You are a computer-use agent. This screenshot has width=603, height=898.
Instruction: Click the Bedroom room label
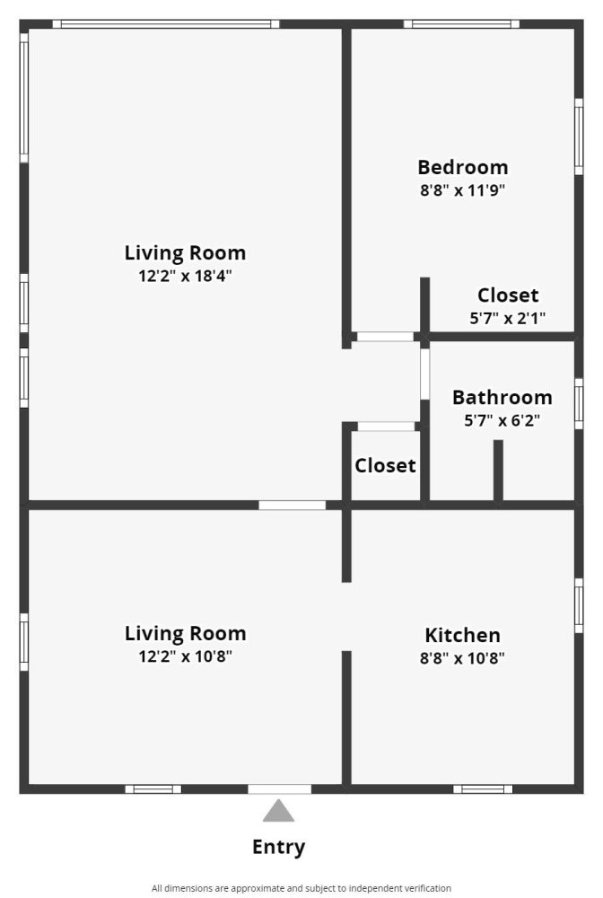pos(463,167)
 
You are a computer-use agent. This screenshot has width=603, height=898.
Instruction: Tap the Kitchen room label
pos(462,635)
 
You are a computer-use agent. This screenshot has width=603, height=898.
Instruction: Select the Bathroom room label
pos(502,398)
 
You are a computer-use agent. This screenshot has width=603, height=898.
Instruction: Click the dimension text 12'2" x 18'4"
pos(185,276)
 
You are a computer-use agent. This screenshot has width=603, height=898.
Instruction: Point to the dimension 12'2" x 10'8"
pos(186,656)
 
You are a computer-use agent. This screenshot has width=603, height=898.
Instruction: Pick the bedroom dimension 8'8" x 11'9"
pos(463,190)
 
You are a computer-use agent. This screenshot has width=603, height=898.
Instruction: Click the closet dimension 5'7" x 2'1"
pos(508,318)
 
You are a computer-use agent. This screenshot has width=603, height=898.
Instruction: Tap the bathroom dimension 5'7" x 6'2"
pos(502,421)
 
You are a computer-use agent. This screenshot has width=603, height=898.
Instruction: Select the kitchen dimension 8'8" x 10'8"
pos(462,658)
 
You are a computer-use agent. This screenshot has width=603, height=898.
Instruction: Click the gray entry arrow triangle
pos(278,811)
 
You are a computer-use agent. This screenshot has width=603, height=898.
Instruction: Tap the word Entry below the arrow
pos(278,847)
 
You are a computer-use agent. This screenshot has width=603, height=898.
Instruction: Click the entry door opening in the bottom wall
pos(280,789)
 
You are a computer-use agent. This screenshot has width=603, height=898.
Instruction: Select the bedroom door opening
pos(385,337)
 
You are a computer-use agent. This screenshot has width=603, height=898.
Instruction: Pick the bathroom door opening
pos(424,374)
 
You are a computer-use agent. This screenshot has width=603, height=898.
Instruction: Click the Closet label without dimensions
pos(385,465)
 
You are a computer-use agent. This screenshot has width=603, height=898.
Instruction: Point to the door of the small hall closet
pos(386,427)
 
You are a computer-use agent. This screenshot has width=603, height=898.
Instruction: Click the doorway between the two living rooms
pos(293,505)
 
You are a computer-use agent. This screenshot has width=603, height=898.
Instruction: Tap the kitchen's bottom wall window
pos(483,789)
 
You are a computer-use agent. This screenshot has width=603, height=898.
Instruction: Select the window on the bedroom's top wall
pos(462,24)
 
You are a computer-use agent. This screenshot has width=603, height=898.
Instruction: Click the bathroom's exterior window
pos(579,403)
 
